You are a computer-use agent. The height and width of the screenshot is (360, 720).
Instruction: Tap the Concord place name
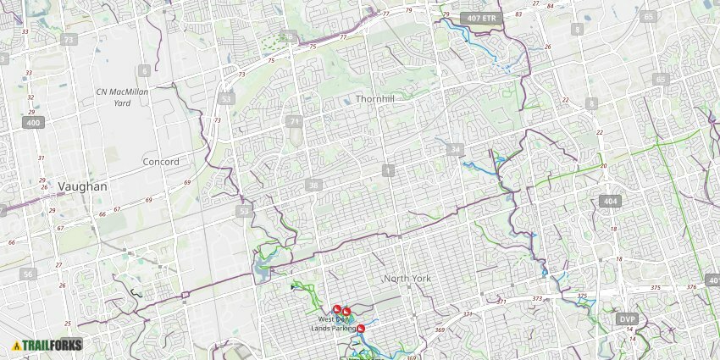pyautogui.click(x=161, y=162)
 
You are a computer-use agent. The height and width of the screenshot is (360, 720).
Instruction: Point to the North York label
pyautogui.click(x=407, y=279)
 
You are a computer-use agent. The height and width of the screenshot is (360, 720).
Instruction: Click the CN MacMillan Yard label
pyautogui.click(x=122, y=97)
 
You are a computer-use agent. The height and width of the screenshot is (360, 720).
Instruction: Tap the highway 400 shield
pyautogui.click(x=33, y=123)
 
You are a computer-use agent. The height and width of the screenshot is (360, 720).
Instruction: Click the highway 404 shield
pyautogui.click(x=610, y=201)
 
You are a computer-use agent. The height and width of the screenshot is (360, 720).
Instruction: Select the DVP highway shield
pyautogui.click(x=627, y=319)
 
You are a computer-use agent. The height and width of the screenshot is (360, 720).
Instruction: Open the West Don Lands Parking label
pyautogui.click(x=334, y=324)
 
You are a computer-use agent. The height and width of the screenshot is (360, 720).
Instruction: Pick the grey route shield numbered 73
pyautogui.click(x=69, y=40)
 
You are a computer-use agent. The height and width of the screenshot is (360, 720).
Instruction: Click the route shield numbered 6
pyautogui.click(x=146, y=71)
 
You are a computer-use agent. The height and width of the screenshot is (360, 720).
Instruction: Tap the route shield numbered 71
pyautogui.click(x=294, y=122)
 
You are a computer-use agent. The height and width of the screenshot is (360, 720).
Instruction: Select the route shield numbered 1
pyautogui.click(x=388, y=171)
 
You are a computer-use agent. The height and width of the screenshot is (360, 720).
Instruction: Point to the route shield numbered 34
pyautogui.click(x=457, y=150)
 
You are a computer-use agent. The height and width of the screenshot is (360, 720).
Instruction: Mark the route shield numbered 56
pyautogui.click(x=30, y=274)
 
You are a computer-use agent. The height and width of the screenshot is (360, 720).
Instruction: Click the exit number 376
pyautogui.click(x=691, y=287)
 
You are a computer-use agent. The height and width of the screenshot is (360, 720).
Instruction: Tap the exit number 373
pyautogui.click(x=537, y=298)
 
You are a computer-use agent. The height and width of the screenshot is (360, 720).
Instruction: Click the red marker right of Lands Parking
pyautogui.click(x=362, y=328)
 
